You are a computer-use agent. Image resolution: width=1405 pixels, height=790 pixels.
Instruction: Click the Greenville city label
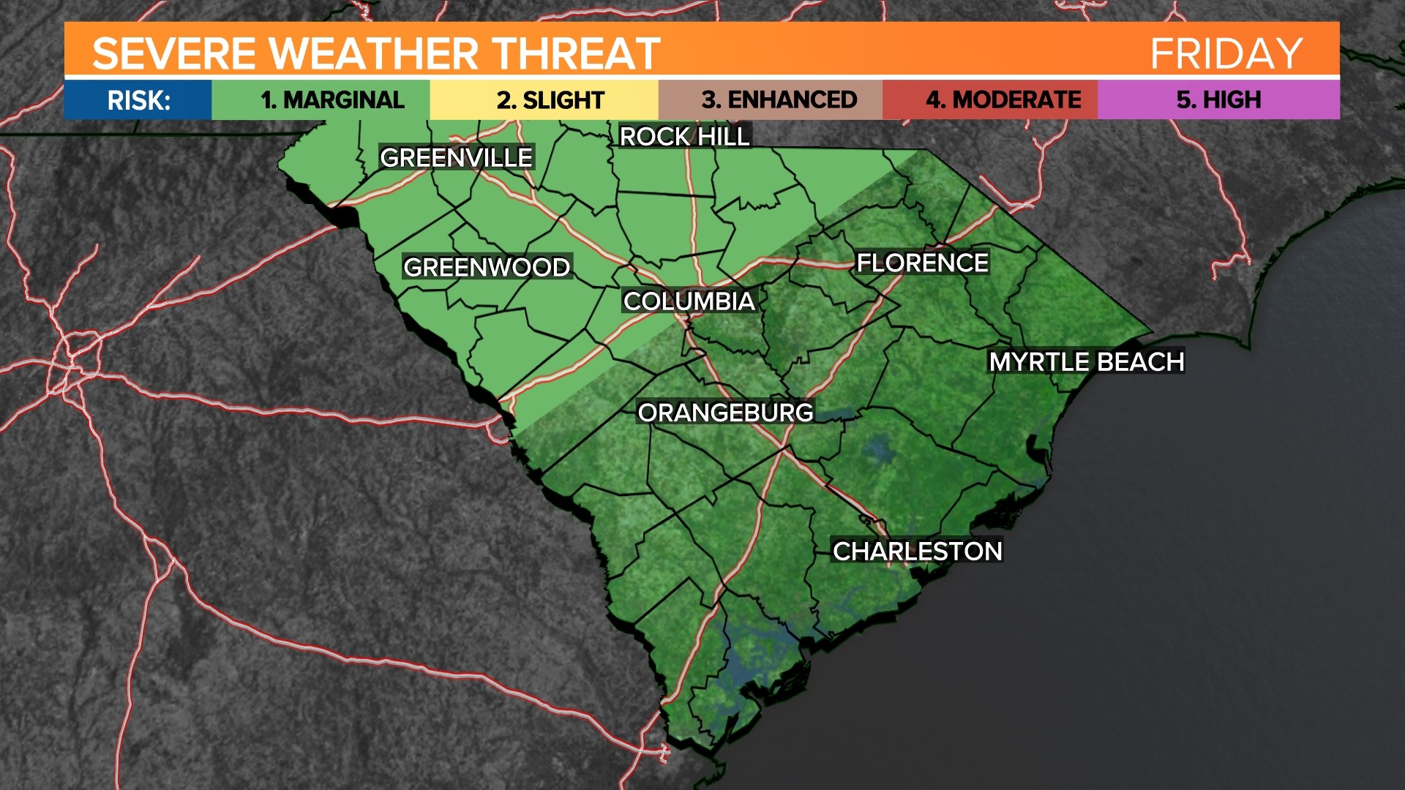click(457, 157)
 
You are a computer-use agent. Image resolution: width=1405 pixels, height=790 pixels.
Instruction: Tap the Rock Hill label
click(684, 136)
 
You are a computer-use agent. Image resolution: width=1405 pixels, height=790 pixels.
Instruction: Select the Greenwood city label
click(487, 267)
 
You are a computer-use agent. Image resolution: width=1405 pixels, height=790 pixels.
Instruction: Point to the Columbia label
click(689, 301)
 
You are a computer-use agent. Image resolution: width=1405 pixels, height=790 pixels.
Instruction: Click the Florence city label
click(922, 263)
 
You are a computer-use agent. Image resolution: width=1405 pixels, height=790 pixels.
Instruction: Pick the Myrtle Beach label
click(1086, 361)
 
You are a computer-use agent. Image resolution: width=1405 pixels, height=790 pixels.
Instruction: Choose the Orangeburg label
click(725, 413)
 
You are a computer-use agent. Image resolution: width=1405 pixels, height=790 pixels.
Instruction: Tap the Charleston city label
click(918, 551)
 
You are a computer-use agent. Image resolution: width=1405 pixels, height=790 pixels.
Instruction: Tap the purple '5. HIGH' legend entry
click(1218, 99)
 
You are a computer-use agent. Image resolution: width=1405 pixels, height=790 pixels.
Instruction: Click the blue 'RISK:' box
click(138, 99)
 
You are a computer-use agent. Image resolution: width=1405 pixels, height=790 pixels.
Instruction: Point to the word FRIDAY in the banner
click(1226, 53)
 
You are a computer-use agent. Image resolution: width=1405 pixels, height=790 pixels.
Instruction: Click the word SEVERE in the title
click(173, 53)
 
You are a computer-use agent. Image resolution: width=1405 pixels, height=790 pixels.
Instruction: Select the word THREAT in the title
click(576, 53)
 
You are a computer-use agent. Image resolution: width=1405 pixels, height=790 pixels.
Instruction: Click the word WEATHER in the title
click(373, 53)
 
